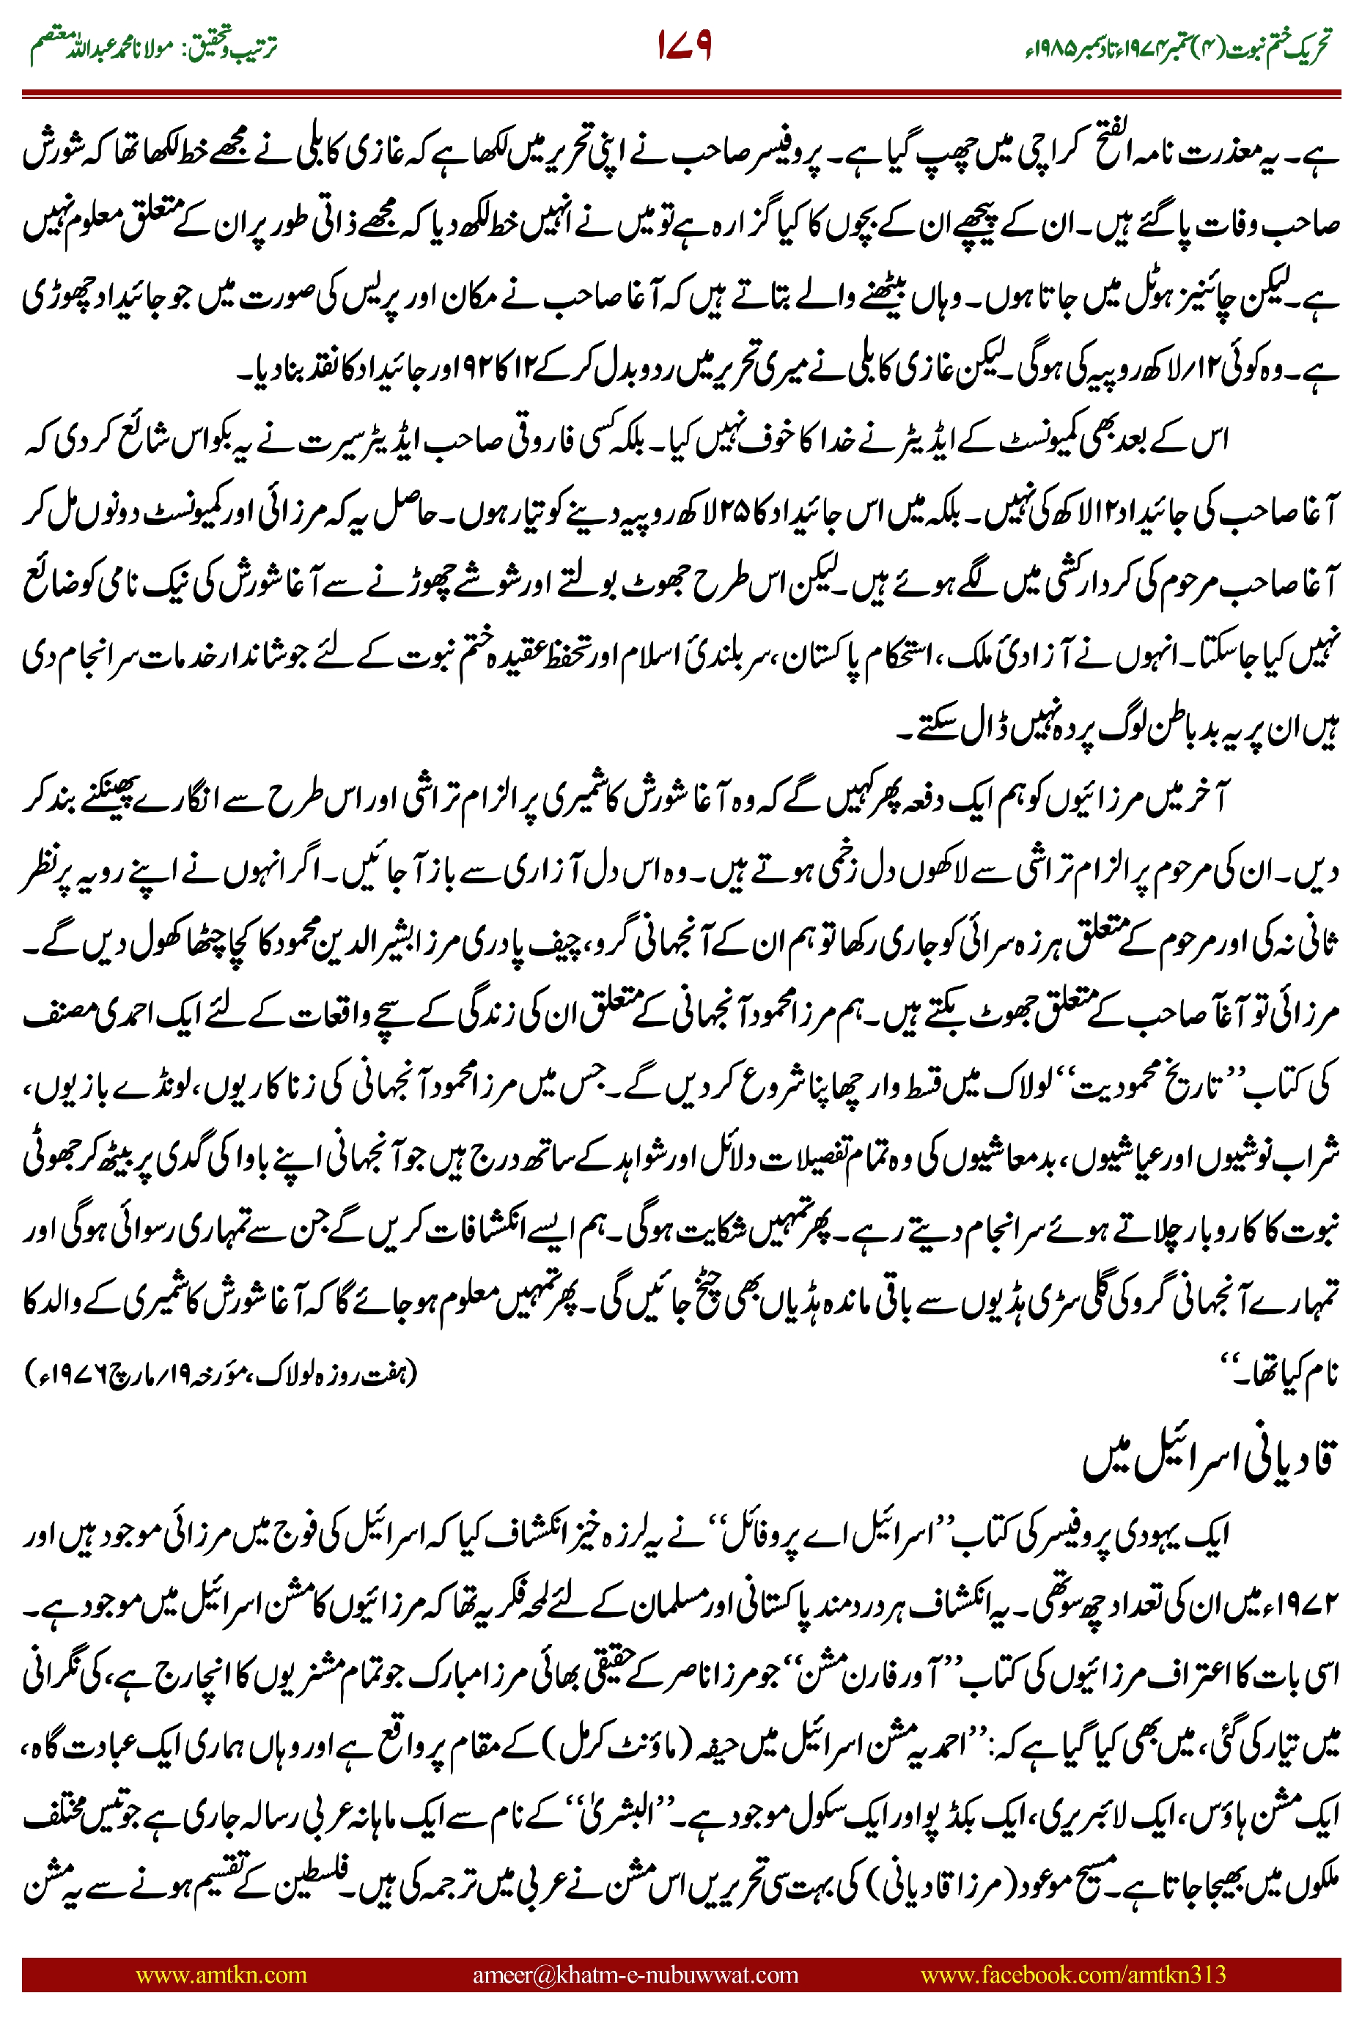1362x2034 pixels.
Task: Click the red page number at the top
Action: point(685,45)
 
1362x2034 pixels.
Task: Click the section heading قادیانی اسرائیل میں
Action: point(1207,1461)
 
